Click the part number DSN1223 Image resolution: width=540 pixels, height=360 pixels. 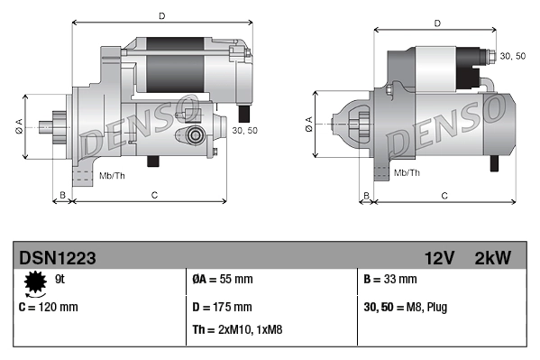point(57,258)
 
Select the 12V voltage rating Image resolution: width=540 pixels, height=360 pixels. point(440,258)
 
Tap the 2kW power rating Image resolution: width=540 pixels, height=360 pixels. point(492,258)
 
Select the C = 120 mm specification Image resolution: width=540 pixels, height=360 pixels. point(49,307)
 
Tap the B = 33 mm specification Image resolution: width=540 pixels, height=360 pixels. point(389,280)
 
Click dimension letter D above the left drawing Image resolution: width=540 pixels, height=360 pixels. point(160,15)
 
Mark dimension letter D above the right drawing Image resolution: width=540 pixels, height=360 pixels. point(436,23)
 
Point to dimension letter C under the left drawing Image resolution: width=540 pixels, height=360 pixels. point(154,195)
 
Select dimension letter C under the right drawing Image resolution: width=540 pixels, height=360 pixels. point(444,195)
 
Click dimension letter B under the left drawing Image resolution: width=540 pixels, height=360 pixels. point(61,195)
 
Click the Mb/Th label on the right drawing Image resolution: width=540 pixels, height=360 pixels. point(407,171)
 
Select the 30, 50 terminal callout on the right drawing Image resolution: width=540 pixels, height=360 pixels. point(512,56)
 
